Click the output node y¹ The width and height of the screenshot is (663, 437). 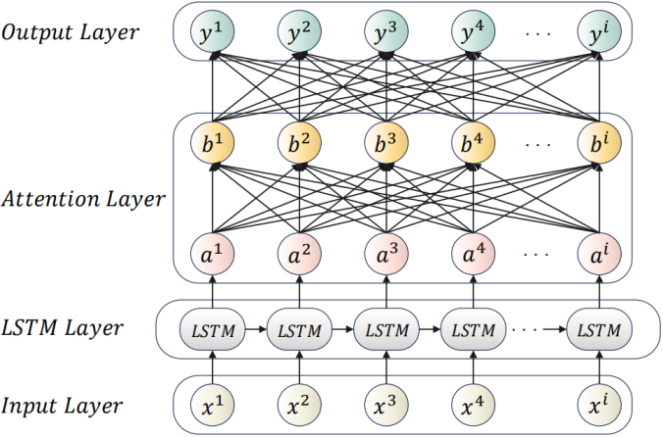click(213, 33)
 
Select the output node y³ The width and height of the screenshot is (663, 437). click(384, 33)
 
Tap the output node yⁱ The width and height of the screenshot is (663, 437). click(600, 33)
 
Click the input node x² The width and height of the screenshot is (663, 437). click(298, 405)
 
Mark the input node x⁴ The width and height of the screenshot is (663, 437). click(471, 405)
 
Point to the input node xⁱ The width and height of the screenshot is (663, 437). click(600, 405)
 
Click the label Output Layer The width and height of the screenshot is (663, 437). click(71, 33)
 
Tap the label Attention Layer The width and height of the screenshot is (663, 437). click(82, 200)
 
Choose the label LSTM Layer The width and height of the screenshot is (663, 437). click(63, 326)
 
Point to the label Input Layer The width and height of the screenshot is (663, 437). click(63, 405)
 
